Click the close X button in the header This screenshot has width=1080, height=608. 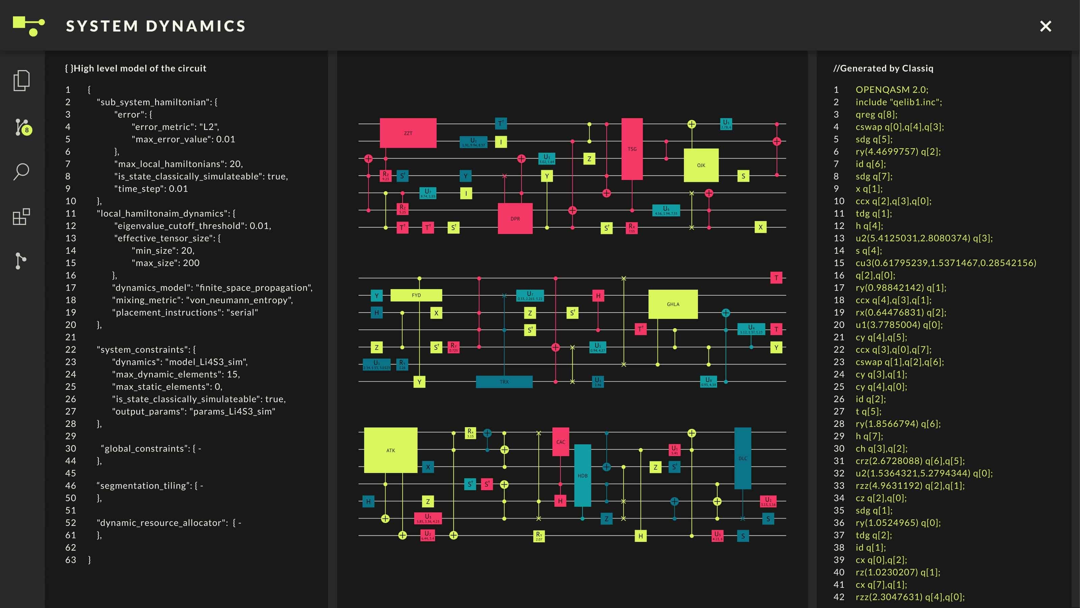point(1045,26)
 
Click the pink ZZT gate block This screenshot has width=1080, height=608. point(408,133)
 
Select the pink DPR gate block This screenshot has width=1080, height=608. point(515,218)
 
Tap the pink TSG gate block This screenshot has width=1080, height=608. point(632,149)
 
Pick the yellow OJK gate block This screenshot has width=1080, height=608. point(701,165)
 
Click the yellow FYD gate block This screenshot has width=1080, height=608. point(416,295)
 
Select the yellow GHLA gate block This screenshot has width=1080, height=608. point(673,304)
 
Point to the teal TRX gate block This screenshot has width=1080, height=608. point(504,381)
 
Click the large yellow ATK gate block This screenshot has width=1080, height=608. point(390,450)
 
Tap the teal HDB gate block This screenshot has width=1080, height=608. point(582,475)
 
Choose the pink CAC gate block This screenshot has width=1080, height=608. point(561,441)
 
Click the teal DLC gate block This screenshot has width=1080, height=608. point(742,458)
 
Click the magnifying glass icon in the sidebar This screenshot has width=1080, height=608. point(21,171)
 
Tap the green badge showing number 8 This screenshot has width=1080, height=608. point(27,130)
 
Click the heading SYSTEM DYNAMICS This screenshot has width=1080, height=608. point(156,26)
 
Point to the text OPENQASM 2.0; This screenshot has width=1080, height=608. point(892,90)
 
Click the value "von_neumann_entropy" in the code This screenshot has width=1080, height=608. point(239,300)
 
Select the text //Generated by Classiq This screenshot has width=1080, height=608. point(883,68)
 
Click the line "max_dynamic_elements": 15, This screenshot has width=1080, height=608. point(175,374)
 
